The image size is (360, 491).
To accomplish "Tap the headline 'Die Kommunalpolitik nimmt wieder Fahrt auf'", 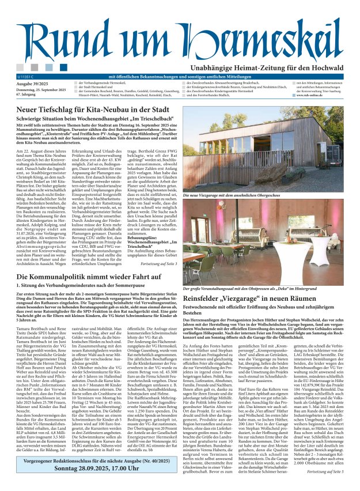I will tap(92, 277).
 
